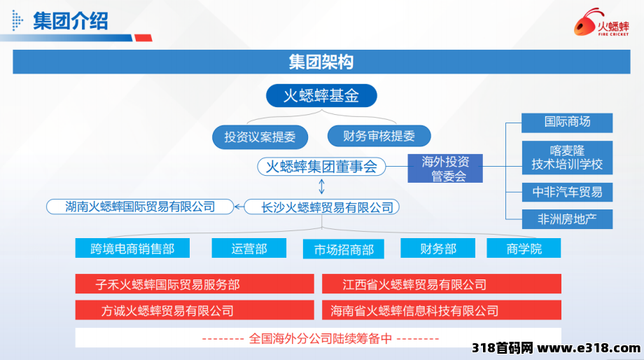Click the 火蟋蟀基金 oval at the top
click(x=321, y=96)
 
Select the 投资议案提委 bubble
click(x=260, y=137)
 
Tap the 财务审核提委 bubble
click(x=379, y=136)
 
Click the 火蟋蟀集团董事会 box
click(x=321, y=167)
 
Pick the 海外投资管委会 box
click(x=445, y=169)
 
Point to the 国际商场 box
click(x=567, y=123)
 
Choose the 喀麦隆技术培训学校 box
click(x=567, y=158)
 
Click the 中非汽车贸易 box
click(x=567, y=192)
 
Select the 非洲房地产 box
click(x=567, y=219)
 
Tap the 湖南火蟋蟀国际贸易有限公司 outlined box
click(x=140, y=207)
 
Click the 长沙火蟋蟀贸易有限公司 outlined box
click(x=321, y=207)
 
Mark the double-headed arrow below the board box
click(x=321, y=186)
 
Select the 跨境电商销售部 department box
click(x=132, y=248)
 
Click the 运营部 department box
click(x=249, y=248)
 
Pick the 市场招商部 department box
click(x=344, y=249)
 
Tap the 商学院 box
click(x=524, y=248)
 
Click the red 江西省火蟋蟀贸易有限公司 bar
click(x=442, y=284)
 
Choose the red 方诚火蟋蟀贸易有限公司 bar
click(x=195, y=310)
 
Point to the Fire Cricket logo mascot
click(x=587, y=22)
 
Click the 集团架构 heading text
click(x=321, y=62)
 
